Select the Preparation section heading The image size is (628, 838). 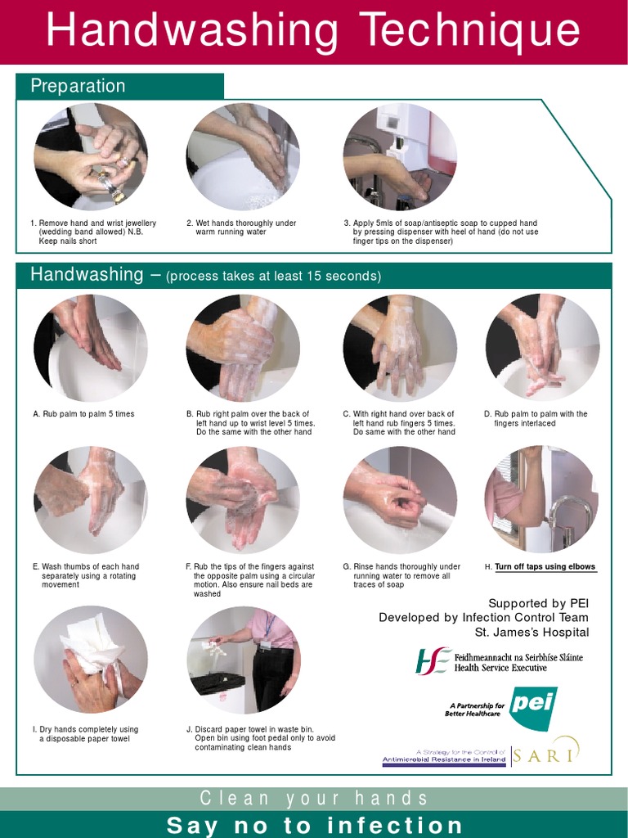click(x=78, y=86)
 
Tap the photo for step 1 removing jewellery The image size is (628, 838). click(x=90, y=157)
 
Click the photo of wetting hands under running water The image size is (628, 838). click(x=243, y=157)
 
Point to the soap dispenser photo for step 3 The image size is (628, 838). click(x=399, y=157)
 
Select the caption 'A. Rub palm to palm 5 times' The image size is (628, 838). click(x=83, y=414)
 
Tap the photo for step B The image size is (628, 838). click(x=243, y=348)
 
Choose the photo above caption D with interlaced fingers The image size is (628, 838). click(x=542, y=348)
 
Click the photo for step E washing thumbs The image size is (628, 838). click(x=90, y=500)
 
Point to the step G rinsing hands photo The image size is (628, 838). click(x=399, y=500)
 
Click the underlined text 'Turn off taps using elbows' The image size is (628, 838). click(x=545, y=567)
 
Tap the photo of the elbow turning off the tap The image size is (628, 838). click(x=541, y=500)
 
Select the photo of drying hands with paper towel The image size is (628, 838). click(x=90, y=659)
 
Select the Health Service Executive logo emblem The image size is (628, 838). click(x=432, y=661)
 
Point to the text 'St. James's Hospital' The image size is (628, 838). click(x=532, y=633)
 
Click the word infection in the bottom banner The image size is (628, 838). click(x=395, y=825)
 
